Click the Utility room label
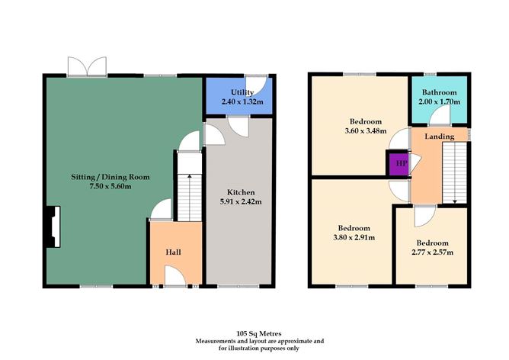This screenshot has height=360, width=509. click(x=232, y=92)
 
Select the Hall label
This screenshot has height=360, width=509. click(x=174, y=252)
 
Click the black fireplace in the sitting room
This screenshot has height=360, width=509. click(x=50, y=227)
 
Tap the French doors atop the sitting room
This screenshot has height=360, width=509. click(x=85, y=67)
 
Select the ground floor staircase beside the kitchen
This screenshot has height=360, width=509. click(x=187, y=187)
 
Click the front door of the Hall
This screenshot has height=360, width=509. click(x=174, y=278)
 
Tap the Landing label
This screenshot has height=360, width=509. click(x=440, y=137)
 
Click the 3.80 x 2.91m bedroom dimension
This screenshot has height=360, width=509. click(x=354, y=237)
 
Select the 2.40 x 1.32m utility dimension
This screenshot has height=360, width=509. click(x=232, y=101)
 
